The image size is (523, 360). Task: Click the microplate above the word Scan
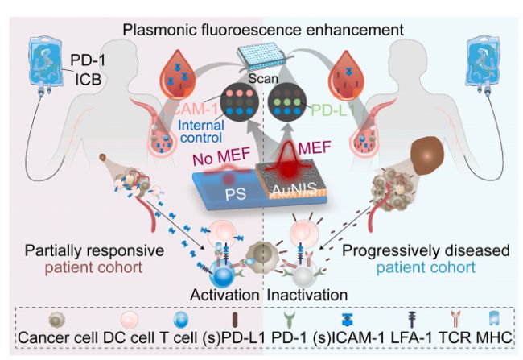coord(263,59)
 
